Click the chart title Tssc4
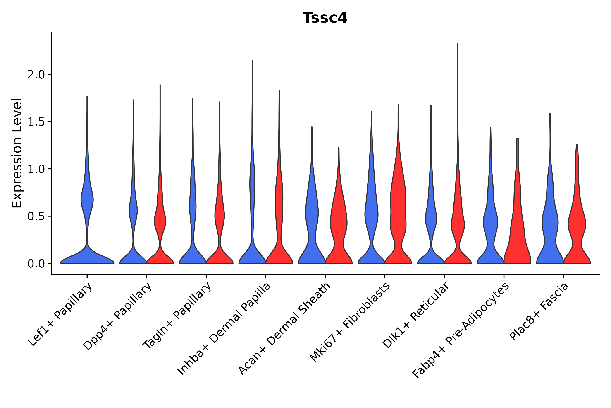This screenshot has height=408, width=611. tap(325, 18)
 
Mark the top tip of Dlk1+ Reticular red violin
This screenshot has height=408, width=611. tap(458, 44)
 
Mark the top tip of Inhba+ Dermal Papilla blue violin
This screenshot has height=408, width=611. tap(252, 61)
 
